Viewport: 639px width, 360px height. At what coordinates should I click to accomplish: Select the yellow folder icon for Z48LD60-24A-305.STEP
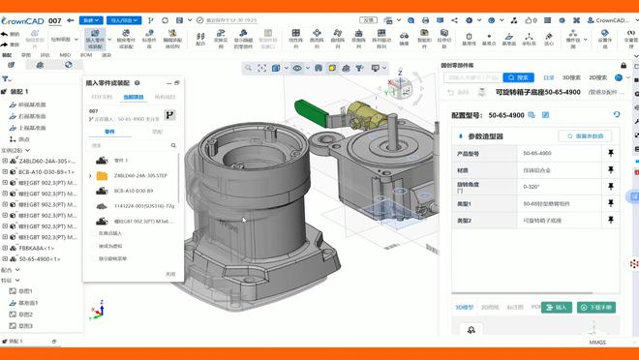[x=103, y=175]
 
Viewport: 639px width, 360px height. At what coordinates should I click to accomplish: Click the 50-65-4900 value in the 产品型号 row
[x=537, y=153]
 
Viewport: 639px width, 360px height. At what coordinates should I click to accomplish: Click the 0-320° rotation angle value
[x=532, y=187]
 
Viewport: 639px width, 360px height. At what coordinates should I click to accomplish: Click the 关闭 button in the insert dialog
[x=170, y=274]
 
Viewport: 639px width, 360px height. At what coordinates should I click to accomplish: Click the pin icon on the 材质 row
[x=611, y=170]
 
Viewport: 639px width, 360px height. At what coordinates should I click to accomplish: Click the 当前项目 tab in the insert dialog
[x=134, y=97]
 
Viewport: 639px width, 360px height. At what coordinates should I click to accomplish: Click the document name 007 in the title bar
[x=55, y=19]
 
